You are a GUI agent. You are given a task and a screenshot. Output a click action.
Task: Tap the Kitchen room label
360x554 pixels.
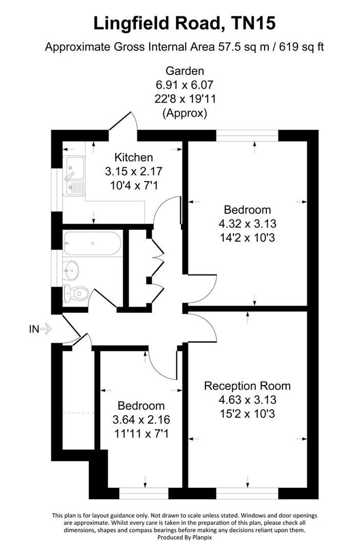pyautogui.click(x=133, y=157)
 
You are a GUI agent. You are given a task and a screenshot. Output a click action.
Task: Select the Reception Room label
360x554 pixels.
pyautogui.click(x=247, y=386)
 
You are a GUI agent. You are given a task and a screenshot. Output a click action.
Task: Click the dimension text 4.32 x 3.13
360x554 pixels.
pyautogui.click(x=247, y=224)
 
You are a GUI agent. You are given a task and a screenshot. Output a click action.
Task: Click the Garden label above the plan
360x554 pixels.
pyautogui.click(x=185, y=71)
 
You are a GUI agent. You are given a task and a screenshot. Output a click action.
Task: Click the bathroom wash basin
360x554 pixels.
pyautogui.click(x=70, y=268)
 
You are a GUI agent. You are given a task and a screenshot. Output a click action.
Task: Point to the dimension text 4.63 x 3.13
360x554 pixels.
pyautogui.click(x=247, y=400)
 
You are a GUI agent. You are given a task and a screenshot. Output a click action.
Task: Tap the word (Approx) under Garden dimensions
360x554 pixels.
pyautogui.click(x=185, y=113)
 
